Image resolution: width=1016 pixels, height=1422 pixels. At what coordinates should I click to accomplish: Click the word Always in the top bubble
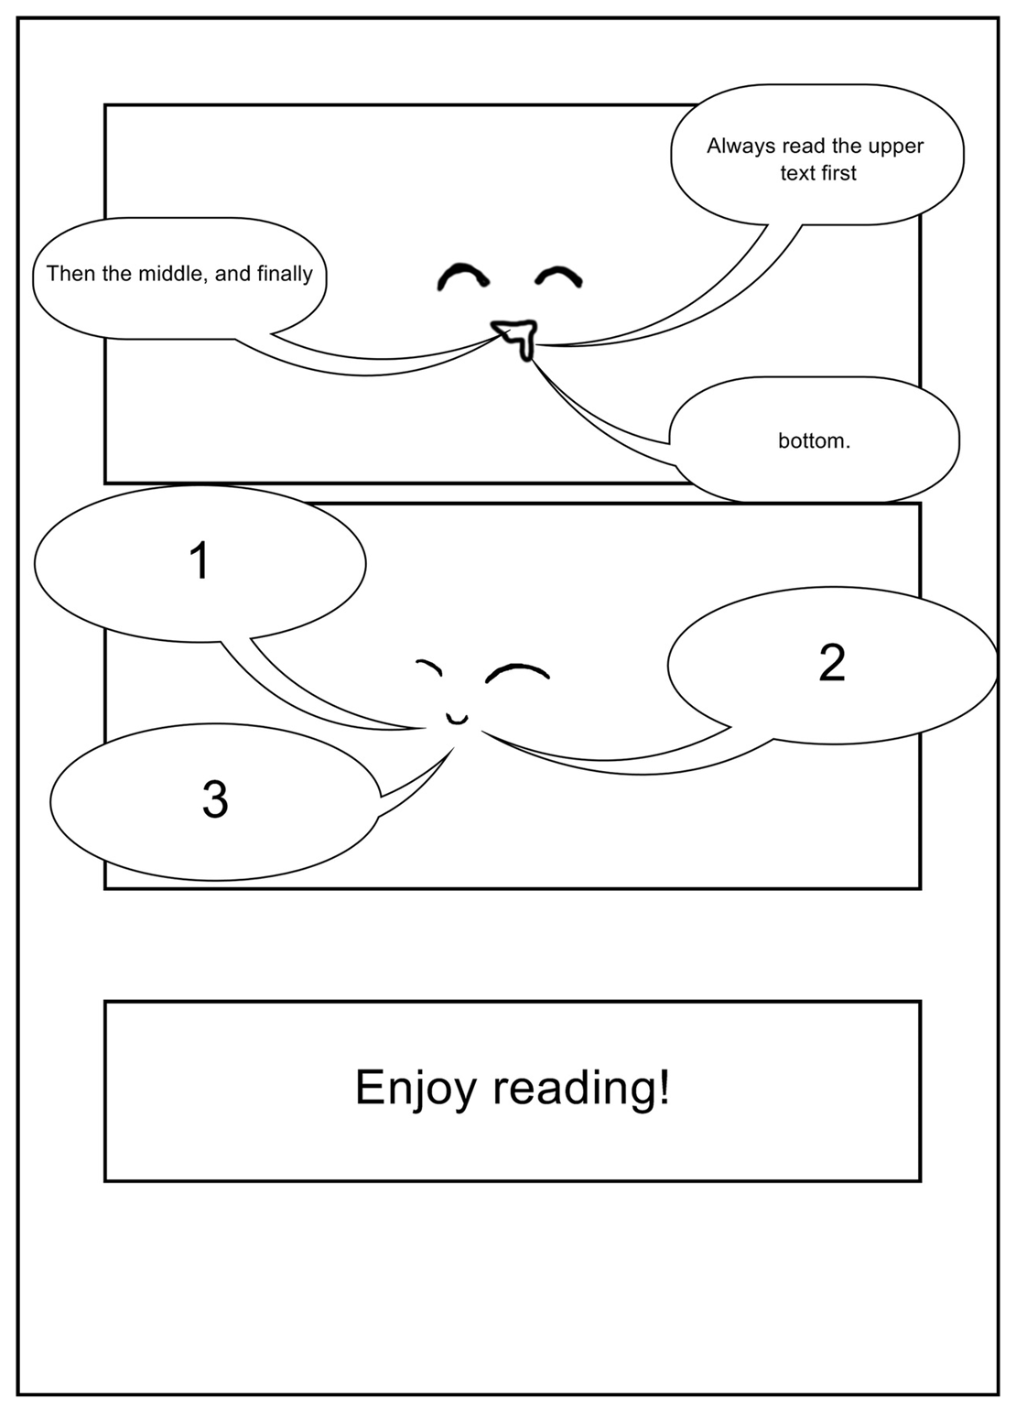[x=740, y=147]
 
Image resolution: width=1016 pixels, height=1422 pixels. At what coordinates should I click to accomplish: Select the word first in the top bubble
[x=838, y=173]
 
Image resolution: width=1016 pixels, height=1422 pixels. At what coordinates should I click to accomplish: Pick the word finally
[x=285, y=274]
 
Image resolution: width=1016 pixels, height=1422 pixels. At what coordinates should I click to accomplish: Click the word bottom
[x=814, y=441]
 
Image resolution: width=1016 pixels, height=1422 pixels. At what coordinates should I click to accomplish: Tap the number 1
[x=199, y=560]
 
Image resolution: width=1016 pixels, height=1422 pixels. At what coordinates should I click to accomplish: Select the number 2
[x=831, y=662]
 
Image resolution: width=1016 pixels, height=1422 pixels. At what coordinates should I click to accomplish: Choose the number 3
[x=214, y=798]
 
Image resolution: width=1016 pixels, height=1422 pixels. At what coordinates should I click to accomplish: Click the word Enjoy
[x=416, y=1088]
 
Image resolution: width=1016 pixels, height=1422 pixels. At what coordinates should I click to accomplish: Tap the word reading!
[x=581, y=1088]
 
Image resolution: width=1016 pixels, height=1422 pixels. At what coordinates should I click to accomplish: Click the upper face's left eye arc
[x=461, y=277]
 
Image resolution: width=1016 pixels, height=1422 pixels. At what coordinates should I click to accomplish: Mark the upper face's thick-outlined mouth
[x=515, y=336]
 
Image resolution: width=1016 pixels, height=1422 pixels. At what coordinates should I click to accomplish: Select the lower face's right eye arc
[x=517, y=672]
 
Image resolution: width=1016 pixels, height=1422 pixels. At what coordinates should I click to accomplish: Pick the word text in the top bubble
[x=797, y=173]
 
